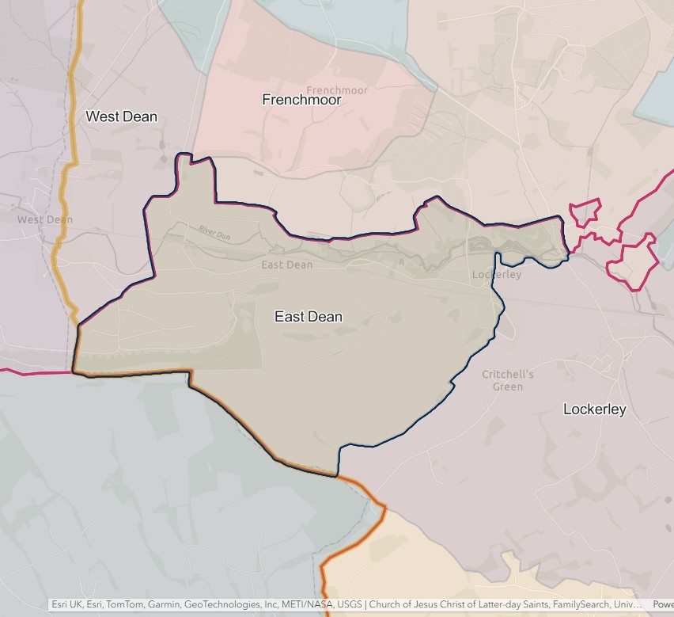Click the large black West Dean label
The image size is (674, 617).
tap(121, 116)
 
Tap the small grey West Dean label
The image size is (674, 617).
tap(44, 219)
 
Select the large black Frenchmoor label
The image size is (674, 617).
tap(301, 100)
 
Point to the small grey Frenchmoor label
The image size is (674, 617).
tap(337, 90)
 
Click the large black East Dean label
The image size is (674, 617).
tap(309, 317)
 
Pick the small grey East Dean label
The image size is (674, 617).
tap(287, 265)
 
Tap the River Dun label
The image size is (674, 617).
tap(213, 232)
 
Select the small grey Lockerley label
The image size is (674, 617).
tap(497, 275)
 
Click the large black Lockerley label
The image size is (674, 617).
tap(594, 409)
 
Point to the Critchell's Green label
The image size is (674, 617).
tap(508, 380)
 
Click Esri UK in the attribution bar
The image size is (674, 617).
tap(67, 604)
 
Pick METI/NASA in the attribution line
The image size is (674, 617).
tap(307, 604)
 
